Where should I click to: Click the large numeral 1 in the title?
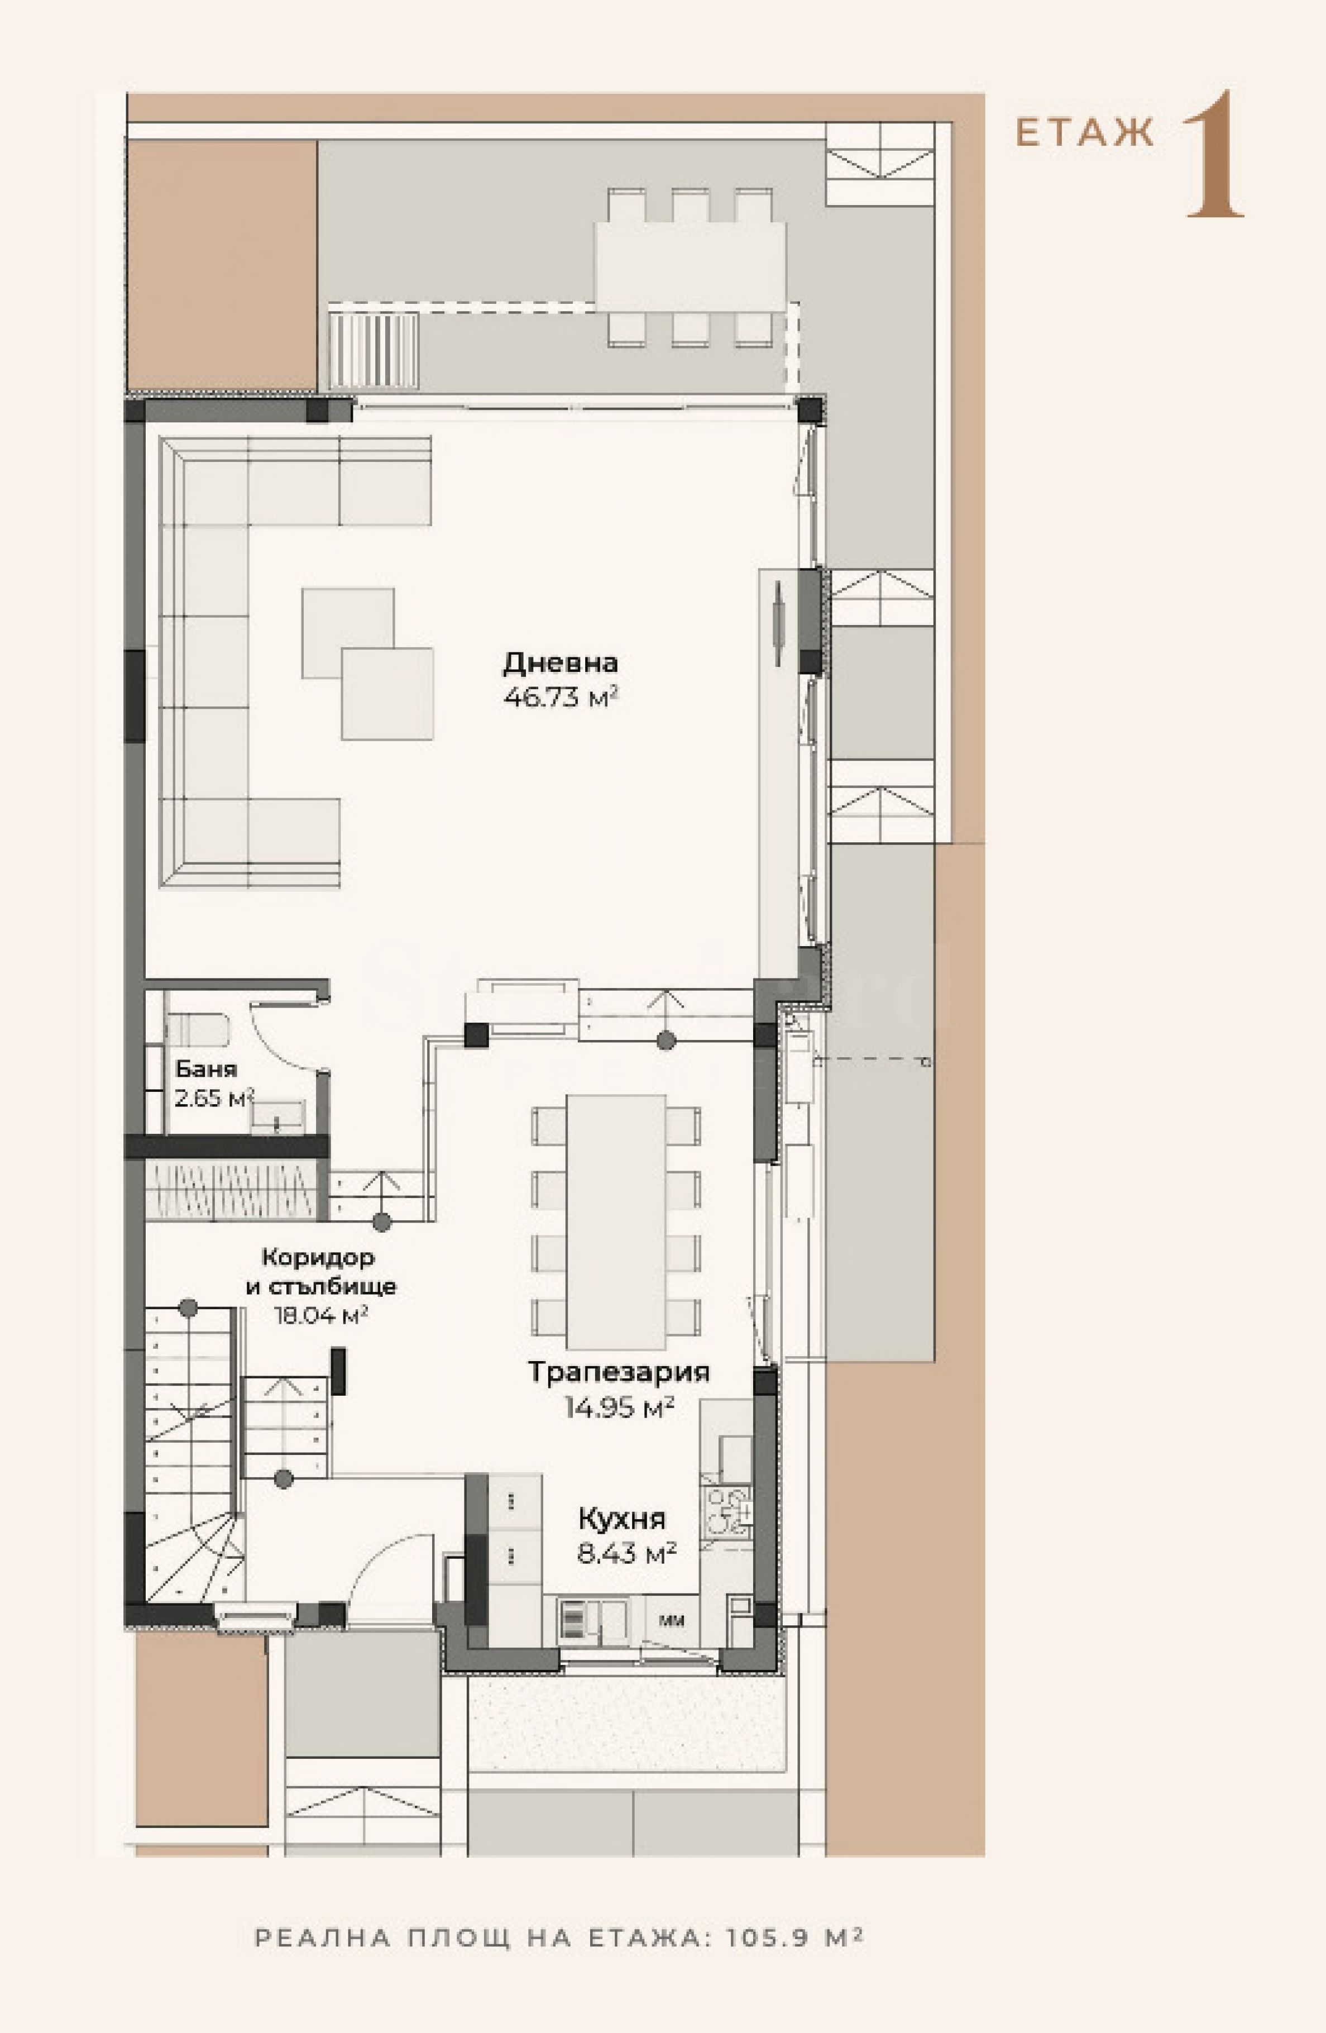pyautogui.click(x=1213, y=154)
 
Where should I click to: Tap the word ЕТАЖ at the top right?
pyautogui.click(x=1084, y=133)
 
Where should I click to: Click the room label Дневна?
pyautogui.click(x=560, y=663)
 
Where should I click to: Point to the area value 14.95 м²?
pyautogui.click(x=620, y=1407)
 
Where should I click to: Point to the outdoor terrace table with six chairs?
pyautogui.click(x=691, y=266)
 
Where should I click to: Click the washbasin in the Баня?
pyautogui.click(x=277, y=1115)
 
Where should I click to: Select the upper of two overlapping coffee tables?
pyautogui.click(x=347, y=632)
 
